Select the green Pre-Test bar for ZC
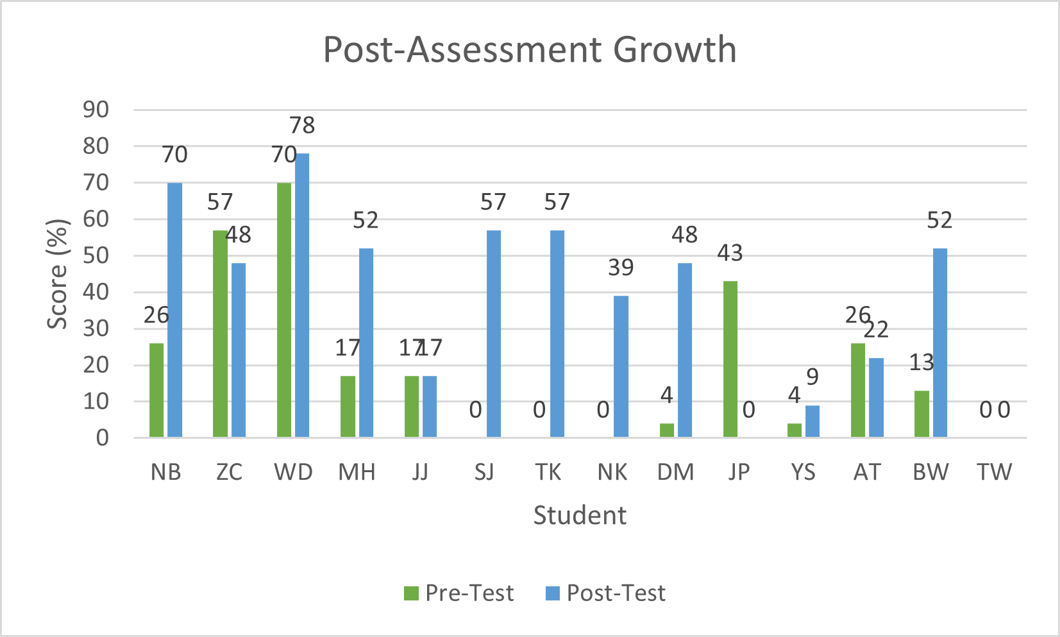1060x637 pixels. (220, 334)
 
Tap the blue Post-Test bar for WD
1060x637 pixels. (302, 295)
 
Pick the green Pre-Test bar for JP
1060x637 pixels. (730, 359)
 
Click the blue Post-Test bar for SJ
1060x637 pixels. (494, 334)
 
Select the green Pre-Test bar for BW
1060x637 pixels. (921, 414)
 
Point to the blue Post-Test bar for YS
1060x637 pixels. (812, 421)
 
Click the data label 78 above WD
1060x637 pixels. (302, 125)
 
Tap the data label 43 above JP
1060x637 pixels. (730, 253)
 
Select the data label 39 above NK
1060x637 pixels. (621, 268)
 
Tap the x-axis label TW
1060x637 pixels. (994, 472)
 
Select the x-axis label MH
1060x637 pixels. (357, 472)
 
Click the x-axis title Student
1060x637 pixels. (580, 515)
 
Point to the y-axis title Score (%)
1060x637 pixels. (58, 274)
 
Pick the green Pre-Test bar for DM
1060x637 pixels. (667, 430)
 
